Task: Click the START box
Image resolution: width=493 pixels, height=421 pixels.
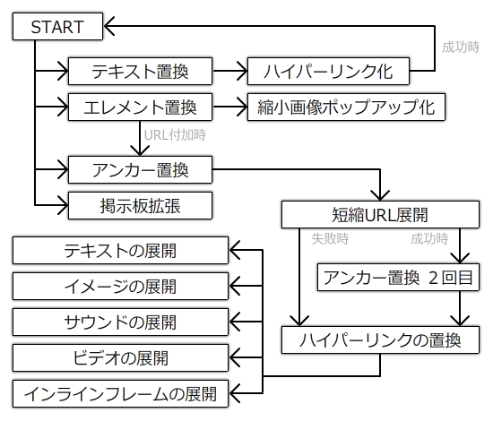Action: click(x=58, y=26)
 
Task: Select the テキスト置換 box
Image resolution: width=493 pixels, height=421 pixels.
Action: click(x=140, y=71)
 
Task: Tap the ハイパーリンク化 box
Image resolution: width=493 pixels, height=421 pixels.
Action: click(x=328, y=71)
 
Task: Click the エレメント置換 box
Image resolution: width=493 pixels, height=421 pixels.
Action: click(x=140, y=107)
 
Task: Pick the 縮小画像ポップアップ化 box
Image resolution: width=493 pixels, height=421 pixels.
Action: click(x=346, y=107)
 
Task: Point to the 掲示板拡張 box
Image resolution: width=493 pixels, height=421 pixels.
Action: click(x=140, y=205)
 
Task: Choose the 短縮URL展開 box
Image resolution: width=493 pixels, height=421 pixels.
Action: click(x=380, y=214)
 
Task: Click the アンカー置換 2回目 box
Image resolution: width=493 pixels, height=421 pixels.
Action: click(x=398, y=277)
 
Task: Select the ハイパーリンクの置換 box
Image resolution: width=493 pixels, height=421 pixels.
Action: click(x=380, y=340)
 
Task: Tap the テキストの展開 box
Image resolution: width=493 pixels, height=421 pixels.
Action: click(x=120, y=251)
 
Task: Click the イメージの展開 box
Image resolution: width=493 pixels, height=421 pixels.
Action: click(x=120, y=287)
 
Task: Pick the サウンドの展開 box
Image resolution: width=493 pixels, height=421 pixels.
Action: click(x=120, y=322)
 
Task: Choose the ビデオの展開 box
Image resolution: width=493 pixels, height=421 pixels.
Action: click(x=120, y=358)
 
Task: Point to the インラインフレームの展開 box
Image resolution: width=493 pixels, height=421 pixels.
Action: click(x=120, y=393)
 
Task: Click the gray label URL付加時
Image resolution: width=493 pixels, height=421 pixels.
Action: click(x=175, y=135)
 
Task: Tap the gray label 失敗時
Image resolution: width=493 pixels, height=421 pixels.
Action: click(x=330, y=239)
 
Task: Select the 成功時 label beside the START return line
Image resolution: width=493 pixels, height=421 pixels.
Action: click(x=461, y=47)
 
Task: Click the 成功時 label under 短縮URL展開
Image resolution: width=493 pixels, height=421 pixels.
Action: click(x=429, y=239)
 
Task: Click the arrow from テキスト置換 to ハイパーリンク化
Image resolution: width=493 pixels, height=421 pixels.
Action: click(x=229, y=71)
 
